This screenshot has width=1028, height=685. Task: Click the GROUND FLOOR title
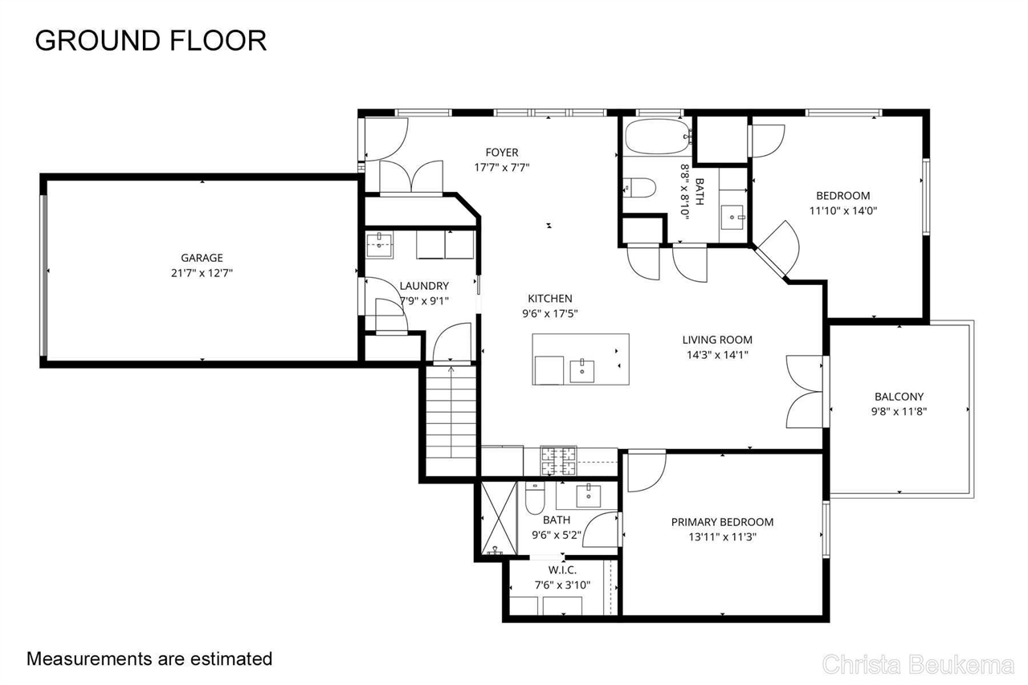coord(150,40)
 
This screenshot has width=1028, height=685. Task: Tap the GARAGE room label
coord(202,258)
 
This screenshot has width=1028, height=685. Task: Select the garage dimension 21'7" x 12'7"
coord(202,273)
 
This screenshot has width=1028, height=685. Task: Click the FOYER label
coord(502,153)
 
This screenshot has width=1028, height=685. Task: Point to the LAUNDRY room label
coord(424,286)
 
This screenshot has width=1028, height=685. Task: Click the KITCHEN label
coord(550,299)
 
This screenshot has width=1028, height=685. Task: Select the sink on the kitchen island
coord(581,371)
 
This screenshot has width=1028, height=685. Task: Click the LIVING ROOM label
coord(717,340)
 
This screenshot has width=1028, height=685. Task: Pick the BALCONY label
coord(899,397)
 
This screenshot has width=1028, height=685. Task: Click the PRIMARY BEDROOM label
coord(722,522)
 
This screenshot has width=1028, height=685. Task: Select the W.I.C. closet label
coord(561,570)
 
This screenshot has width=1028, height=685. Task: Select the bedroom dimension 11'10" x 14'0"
coord(842,211)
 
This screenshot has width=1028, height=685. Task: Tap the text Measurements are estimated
coord(149,659)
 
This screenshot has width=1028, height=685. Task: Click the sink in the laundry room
coord(379,246)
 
